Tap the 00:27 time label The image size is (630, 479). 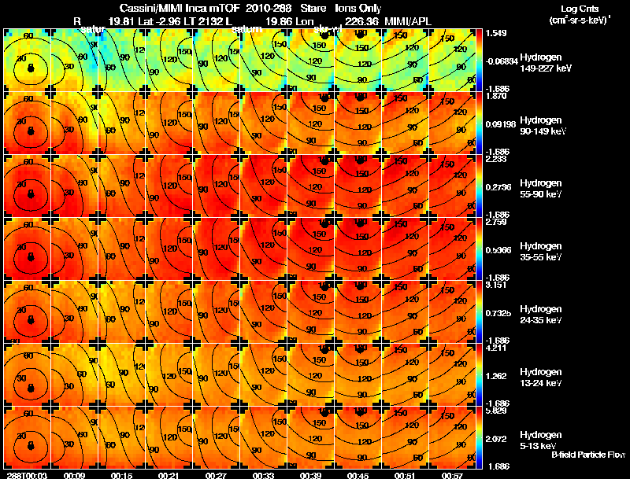pyautogui.click(x=217, y=474)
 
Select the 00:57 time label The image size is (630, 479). pyautogui.click(x=453, y=474)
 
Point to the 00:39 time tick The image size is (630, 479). pyautogui.click(x=311, y=474)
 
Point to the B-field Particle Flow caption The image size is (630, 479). pyautogui.click(x=587, y=455)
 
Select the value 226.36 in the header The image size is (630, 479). pyautogui.click(x=352, y=21)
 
